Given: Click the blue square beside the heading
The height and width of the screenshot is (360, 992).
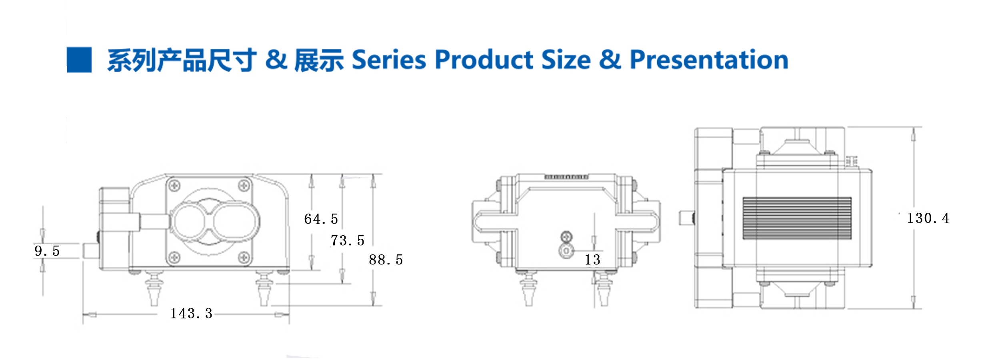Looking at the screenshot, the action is pyautogui.click(x=79, y=60).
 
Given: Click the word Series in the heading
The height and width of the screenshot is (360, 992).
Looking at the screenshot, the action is pyautogui.click(x=389, y=60).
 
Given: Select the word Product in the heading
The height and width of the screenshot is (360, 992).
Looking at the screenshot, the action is pyautogui.click(x=484, y=60).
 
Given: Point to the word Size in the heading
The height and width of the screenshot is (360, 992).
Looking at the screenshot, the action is pyautogui.click(x=566, y=60).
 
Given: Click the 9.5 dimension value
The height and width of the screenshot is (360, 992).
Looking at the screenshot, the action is pyautogui.click(x=47, y=251).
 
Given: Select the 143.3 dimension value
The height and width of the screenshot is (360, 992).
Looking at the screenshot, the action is pyautogui.click(x=191, y=313).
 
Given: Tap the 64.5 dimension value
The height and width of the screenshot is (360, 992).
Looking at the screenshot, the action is pyautogui.click(x=321, y=219).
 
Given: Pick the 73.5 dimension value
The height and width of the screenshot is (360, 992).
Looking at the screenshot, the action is pyautogui.click(x=347, y=240).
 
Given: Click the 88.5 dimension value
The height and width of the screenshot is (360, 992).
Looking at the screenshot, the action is pyautogui.click(x=386, y=260).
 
